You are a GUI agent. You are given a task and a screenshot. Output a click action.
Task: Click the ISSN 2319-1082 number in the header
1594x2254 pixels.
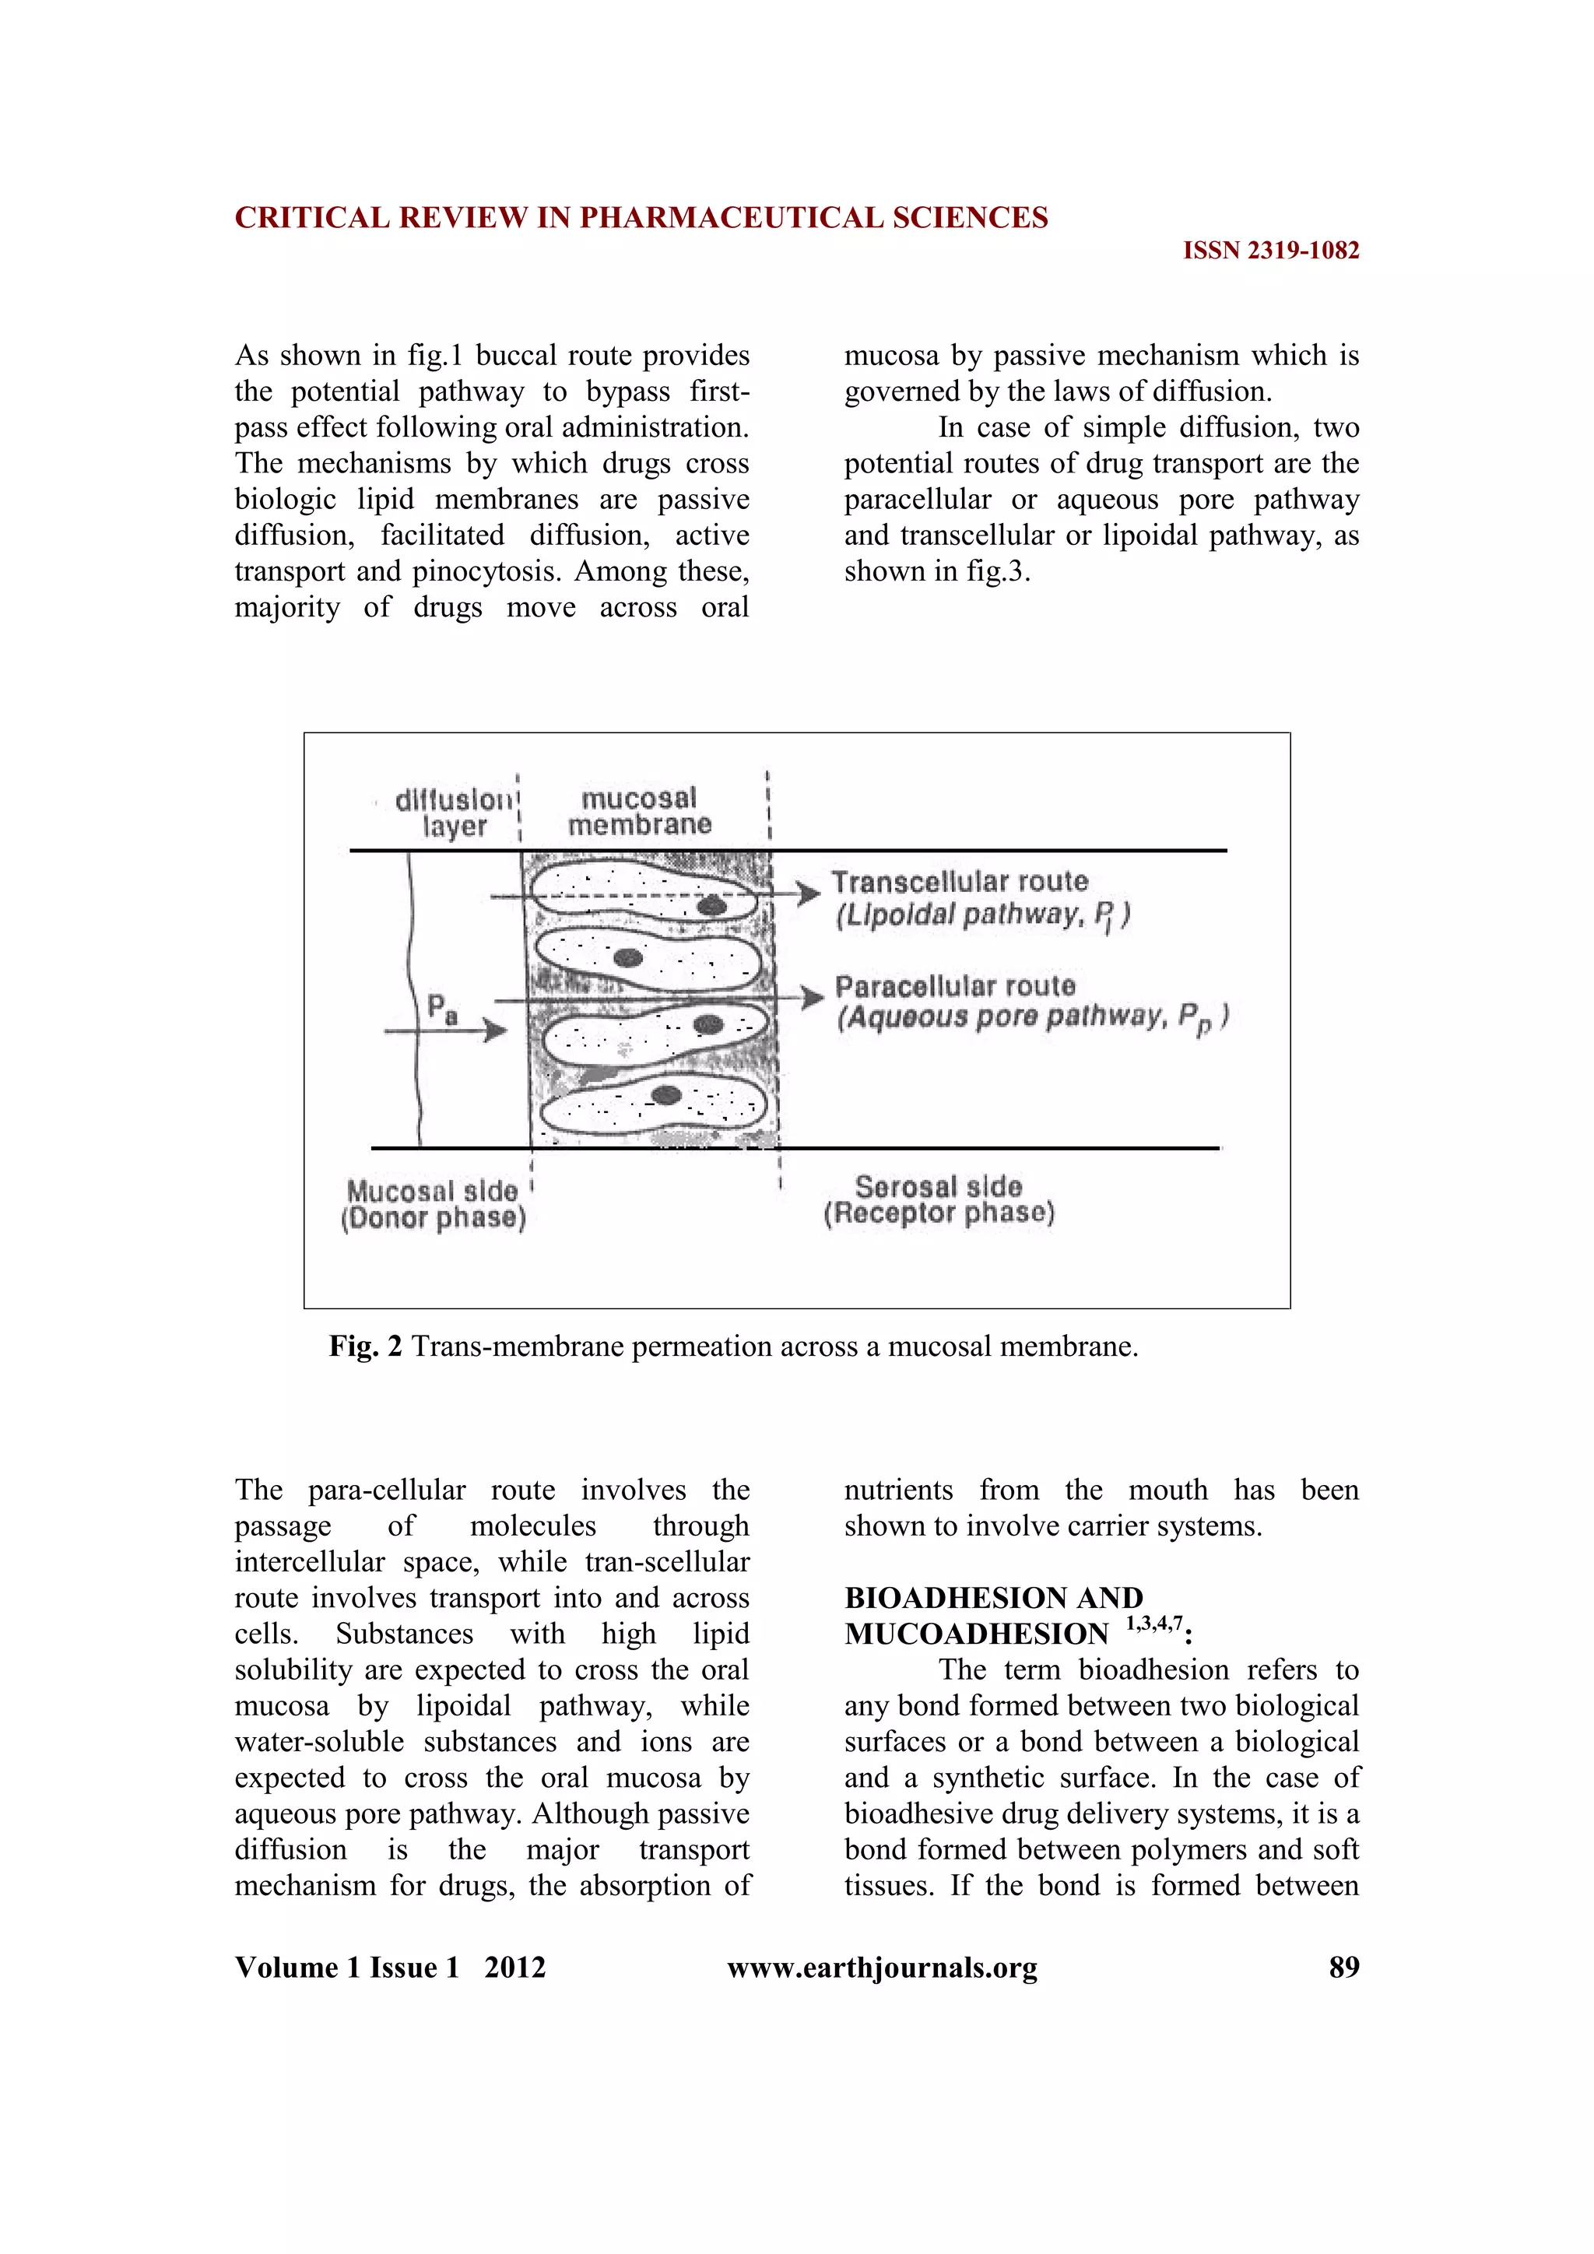(x=1270, y=251)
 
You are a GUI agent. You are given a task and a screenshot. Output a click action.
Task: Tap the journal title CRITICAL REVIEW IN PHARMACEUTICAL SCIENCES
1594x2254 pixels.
(x=641, y=218)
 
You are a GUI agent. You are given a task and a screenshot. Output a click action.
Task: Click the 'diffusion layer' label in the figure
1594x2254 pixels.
(x=455, y=813)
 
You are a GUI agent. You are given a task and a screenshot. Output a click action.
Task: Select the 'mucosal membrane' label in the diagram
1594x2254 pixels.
(x=639, y=812)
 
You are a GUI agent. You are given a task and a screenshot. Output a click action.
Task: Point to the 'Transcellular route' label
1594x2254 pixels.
(x=960, y=882)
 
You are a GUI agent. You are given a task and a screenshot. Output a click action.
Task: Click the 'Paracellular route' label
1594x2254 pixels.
(x=955, y=985)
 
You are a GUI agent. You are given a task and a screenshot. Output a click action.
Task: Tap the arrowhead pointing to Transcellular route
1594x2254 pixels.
(x=809, y=894)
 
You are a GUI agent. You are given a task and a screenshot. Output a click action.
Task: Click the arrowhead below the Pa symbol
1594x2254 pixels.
(x=497, y=1030)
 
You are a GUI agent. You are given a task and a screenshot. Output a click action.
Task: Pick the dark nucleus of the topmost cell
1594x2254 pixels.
(x=711, y=905)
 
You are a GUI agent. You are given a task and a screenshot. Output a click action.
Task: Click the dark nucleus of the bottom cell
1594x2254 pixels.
(x=666, y=1094)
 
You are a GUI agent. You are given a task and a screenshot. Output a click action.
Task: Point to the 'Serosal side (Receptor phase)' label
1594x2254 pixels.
(x=939, y=1199)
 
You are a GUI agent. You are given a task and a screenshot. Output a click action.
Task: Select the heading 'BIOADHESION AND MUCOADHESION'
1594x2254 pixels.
(x=993, y=1615)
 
